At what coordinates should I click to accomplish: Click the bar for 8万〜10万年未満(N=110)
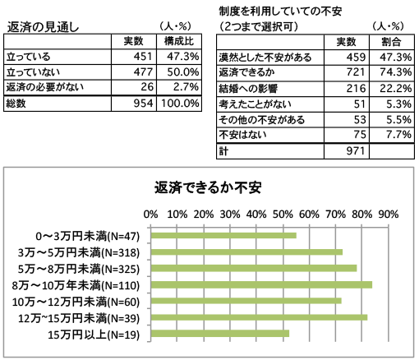261,285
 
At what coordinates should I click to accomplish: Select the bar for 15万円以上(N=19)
220,334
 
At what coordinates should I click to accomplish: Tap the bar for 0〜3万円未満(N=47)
223,236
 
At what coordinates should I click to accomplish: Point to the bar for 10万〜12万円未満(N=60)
246,301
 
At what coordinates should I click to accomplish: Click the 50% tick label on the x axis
283,215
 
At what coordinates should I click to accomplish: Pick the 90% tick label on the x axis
388,215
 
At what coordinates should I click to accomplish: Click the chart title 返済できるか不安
208,187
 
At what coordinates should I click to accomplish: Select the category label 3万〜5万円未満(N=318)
79,252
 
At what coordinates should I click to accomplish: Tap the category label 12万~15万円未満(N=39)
79,318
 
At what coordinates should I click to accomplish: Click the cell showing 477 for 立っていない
143,72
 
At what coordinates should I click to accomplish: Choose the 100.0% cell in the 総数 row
180,104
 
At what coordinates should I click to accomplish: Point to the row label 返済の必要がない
44,87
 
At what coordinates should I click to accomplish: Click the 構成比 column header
179,41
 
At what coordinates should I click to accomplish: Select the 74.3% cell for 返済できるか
396,72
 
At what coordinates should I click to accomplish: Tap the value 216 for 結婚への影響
356,88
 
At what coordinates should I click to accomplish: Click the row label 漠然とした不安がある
265,58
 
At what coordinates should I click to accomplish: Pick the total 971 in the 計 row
356,150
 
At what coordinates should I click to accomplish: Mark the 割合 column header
391,42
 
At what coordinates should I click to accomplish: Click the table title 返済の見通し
43,27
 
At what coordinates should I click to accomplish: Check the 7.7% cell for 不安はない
399,135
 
